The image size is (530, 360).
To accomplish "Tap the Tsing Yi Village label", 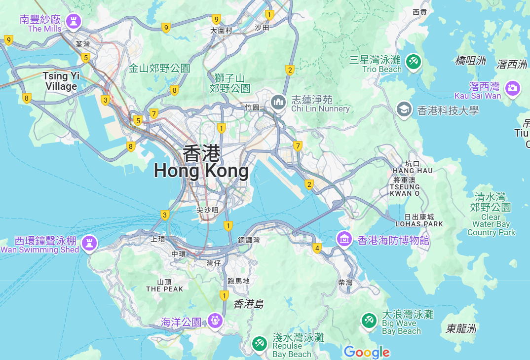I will pyautogui.click(x=61, y=81).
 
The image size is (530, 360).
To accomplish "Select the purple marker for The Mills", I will pyautogui.click(x=74, y=21).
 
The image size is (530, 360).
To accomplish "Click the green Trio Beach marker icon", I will pyautogui.click(x=413, y=62).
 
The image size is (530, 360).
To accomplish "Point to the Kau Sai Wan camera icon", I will pyautogui.click(x=513, y=88).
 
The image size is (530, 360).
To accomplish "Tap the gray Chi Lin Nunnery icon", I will pyautogui.click(x=278, y=103).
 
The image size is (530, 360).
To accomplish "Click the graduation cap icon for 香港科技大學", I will pyautogui.click(x=404, y=110).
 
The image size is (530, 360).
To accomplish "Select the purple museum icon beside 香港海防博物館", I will pyautogui.click(x=344, y=239).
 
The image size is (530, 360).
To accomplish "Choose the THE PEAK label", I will pyautogui.click(x=164, y=289).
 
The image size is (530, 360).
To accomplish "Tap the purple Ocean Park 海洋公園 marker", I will pyautogui.click(x=215, y=321).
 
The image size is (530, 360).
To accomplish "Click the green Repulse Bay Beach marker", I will pyautogui.click(x=260, y=344).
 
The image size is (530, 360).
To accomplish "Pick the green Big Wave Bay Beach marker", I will pyautogui.click(x=369, y=321).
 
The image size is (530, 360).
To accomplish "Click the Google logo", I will pyautogui.click(x=367, y=352).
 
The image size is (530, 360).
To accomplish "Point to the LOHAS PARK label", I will pyautogui.click(x=419, y=224).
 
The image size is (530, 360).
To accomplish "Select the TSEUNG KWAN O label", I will pyautogui.click(x=405, y=190).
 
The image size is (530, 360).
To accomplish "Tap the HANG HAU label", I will pyautogui.click(x=413, y=171).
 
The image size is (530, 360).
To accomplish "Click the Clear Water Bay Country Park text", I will pyautogui.click(x=491, y=224).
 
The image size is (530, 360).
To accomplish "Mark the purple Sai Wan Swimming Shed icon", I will pyautogui.click(x=89, y=243).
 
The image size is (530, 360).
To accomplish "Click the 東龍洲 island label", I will pyautogui.click(x=461, y=328).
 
